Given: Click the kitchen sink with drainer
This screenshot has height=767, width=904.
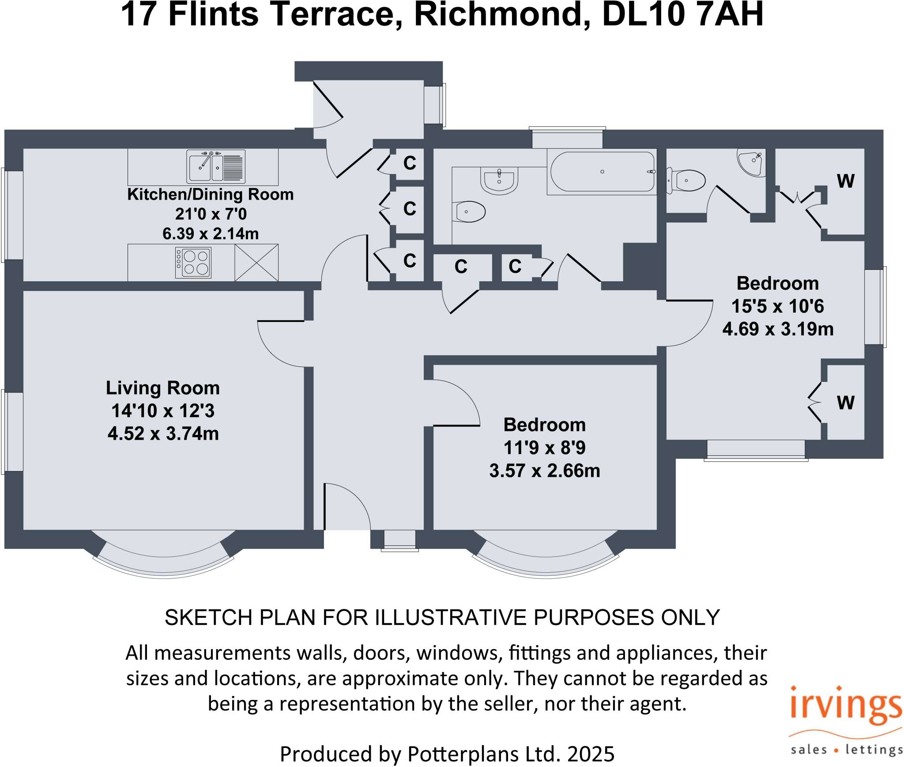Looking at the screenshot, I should tap(215, 167).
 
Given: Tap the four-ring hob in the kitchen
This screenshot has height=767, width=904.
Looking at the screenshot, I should tap(193, 262).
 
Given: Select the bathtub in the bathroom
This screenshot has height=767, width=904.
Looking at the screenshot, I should tap(602, 172).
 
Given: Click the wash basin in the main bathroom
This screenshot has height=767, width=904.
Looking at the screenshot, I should tap(499, 180).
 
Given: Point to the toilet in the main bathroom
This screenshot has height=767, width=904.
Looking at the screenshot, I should tap(469, 212).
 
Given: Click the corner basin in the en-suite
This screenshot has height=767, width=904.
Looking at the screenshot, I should tap(751, 162).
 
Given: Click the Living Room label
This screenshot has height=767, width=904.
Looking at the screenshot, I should tap(163, 388).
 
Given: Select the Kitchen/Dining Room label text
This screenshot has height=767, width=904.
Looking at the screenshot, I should tap(211, 194).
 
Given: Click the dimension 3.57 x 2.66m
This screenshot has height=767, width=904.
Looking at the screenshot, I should tap(544, 471).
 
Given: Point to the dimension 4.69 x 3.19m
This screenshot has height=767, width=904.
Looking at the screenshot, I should tap(777, 329).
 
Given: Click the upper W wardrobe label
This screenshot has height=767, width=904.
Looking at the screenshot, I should tap(845, 181).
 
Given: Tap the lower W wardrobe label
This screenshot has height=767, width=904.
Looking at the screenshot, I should tap(845, 403).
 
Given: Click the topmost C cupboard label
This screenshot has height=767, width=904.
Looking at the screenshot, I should tap(410, 163).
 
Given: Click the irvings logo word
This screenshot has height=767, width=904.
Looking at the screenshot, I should tap(845, 705).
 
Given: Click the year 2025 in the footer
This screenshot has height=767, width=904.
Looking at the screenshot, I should tap(591, 754).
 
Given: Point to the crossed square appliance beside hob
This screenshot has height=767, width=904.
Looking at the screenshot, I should tap(256, 263).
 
